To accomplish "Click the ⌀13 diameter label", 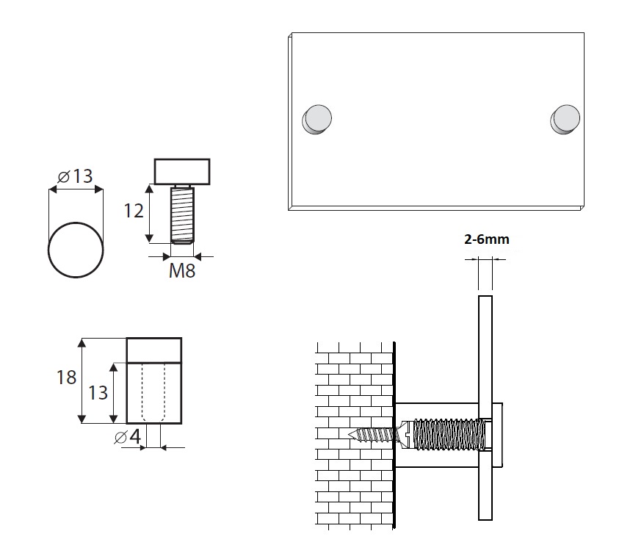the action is point(75,176).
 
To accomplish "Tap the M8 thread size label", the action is point(182,270).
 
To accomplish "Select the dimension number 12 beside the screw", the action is point(134,211).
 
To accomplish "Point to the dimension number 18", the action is point(66,378).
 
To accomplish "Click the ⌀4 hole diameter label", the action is point(128,436).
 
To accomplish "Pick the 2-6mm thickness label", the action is point(486,239).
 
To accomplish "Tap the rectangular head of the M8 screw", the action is point(182,171).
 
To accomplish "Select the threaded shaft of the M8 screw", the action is point(182,215).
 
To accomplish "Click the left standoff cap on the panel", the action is point(317,119).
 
